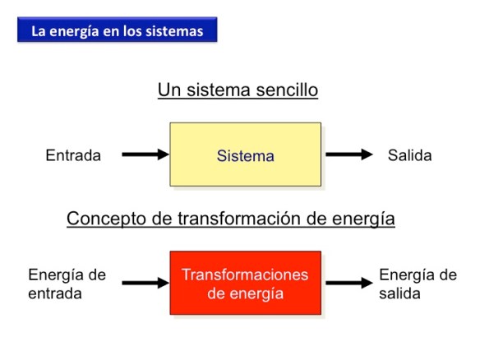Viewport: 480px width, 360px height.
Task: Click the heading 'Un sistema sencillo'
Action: pos(238,90)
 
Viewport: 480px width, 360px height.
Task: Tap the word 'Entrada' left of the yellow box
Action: pos(73,155)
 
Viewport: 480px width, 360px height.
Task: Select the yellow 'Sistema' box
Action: pos(245,155)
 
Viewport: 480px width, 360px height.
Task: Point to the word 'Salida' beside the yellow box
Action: pos(409,155)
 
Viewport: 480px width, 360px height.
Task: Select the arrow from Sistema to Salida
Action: pos(349,155)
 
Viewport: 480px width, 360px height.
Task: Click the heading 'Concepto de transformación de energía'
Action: pos(231,219)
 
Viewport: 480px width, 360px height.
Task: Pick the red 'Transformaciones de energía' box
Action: pos(245,283)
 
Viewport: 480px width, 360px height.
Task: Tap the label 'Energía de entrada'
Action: pos(67,283)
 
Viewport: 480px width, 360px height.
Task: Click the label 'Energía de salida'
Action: pos(417,283)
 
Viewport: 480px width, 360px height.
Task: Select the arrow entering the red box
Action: pos(145,284)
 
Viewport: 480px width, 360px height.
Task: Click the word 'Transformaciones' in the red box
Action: pos(245,275)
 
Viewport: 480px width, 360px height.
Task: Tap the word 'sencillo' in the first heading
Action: pos(287,90)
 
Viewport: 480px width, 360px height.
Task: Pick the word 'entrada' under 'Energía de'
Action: pos(55,292)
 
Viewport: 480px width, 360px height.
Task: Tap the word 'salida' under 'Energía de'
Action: pos(399,292)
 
